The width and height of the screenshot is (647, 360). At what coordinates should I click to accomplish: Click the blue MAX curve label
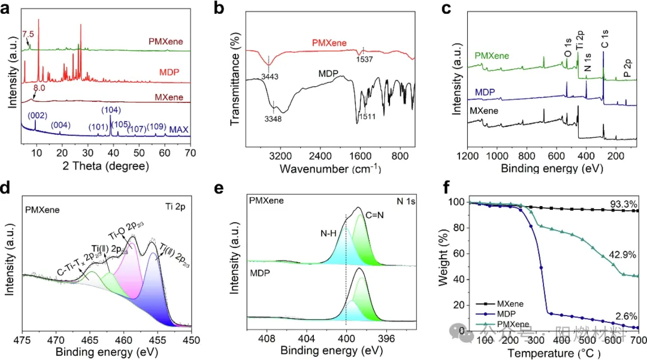click(180, 129)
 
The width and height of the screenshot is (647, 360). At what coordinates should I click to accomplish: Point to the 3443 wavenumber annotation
click(271, 77)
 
